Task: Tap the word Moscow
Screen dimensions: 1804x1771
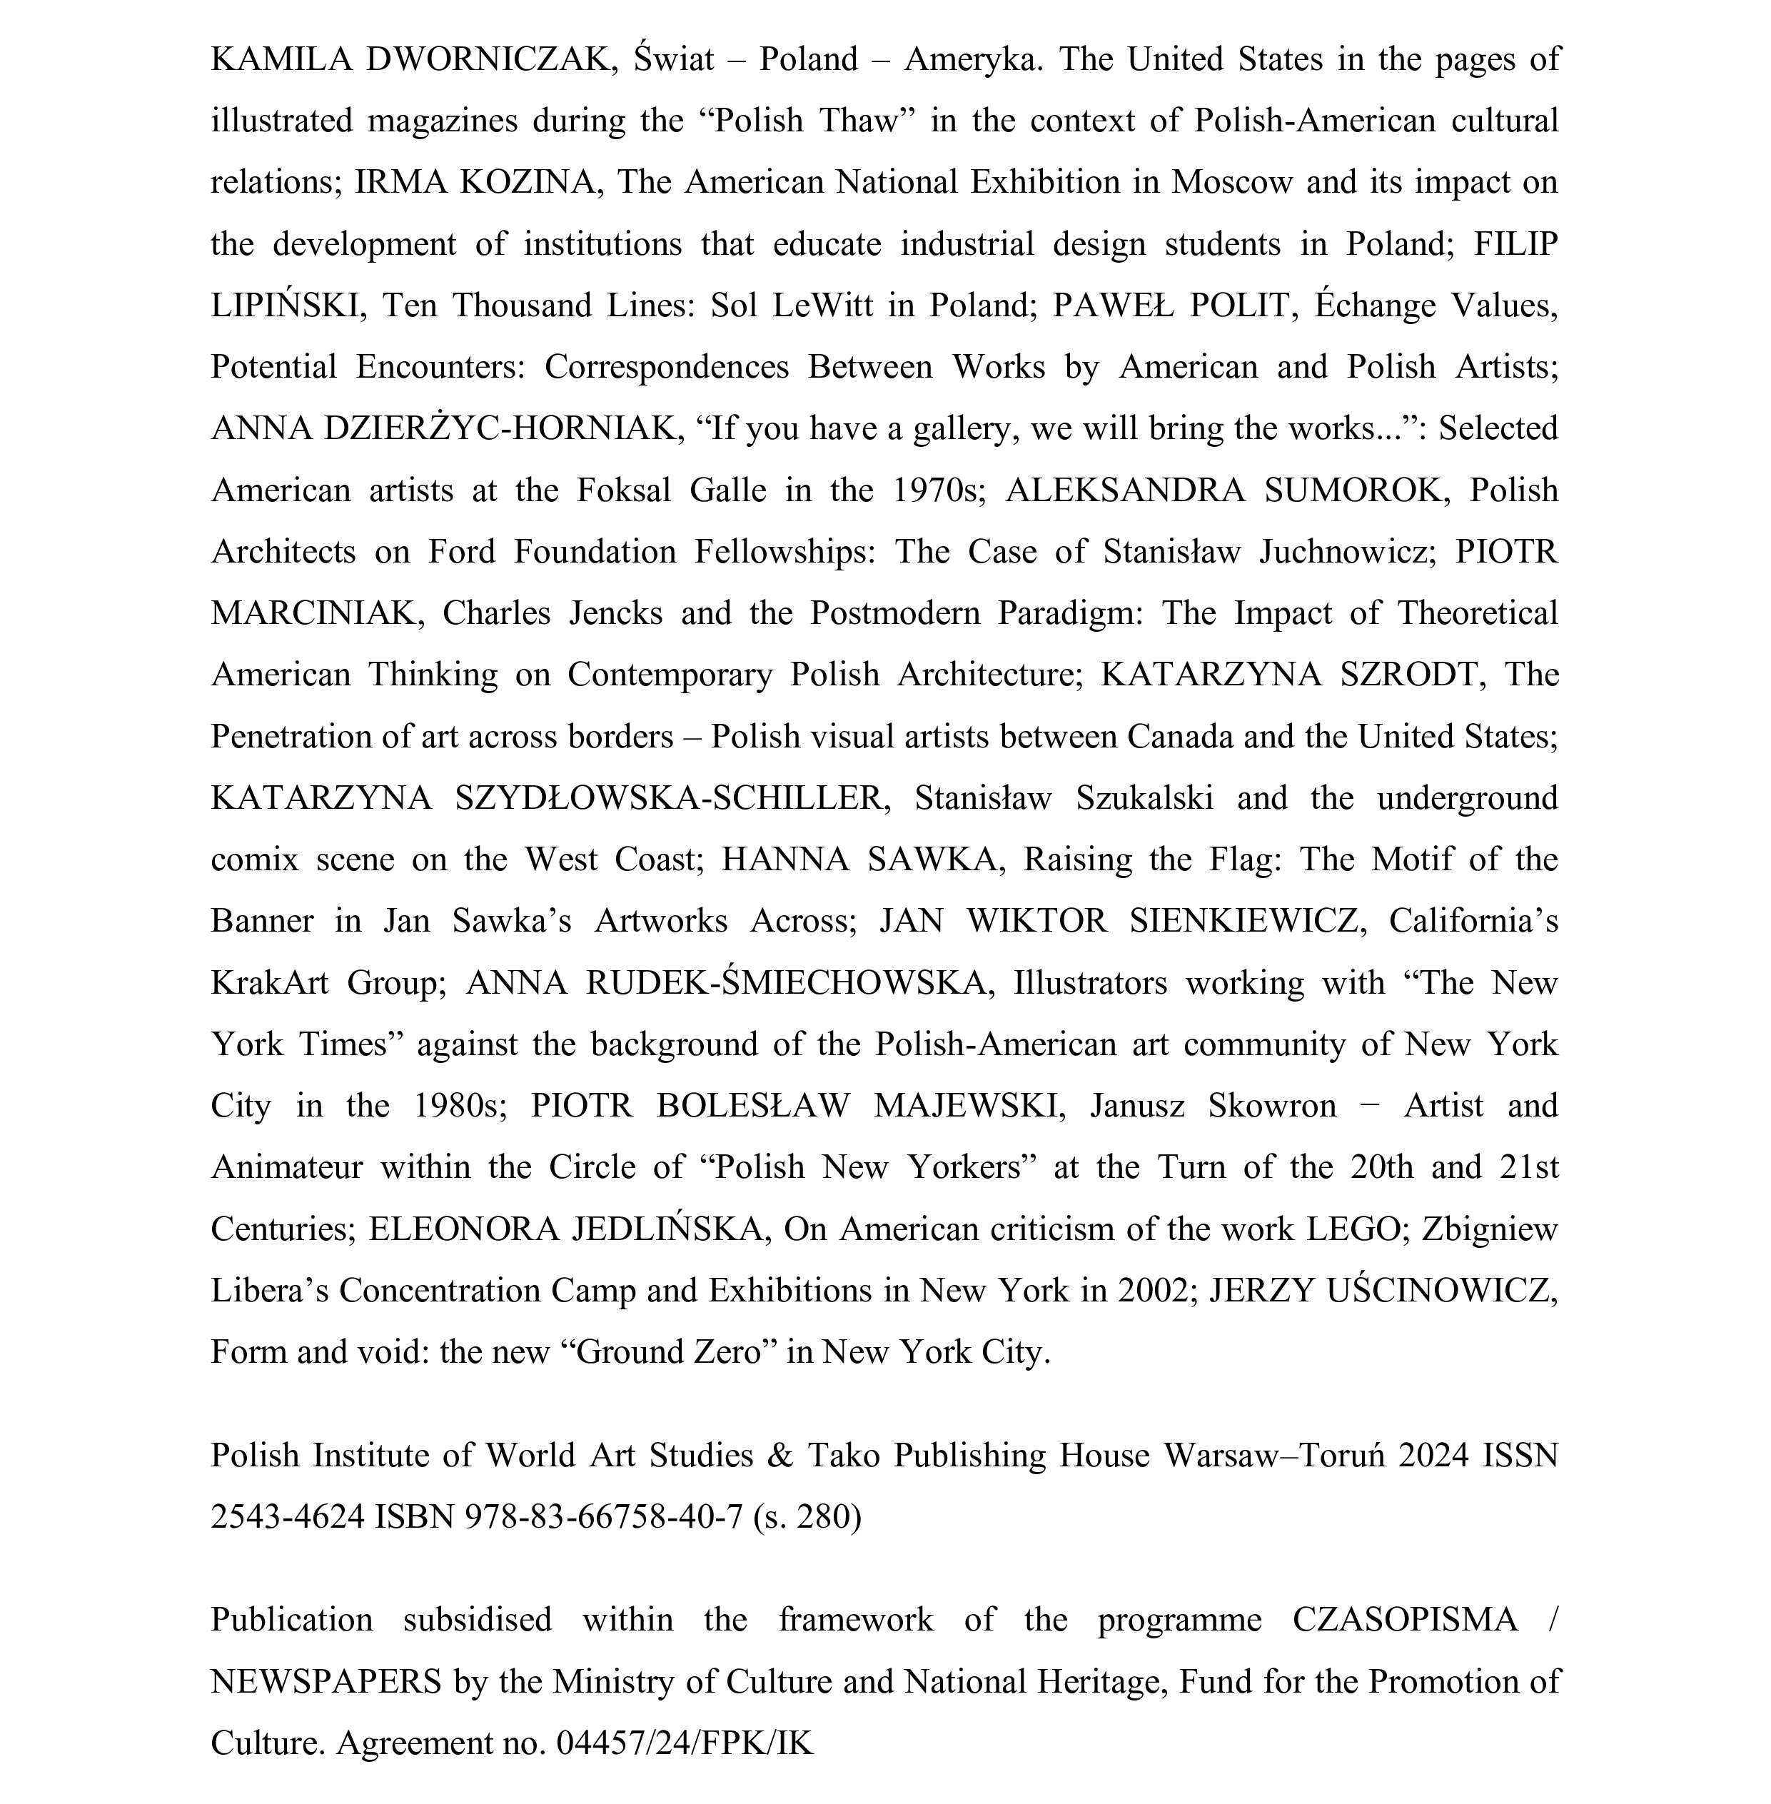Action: pos(1231,182)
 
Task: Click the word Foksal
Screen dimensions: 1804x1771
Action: pos(623,490)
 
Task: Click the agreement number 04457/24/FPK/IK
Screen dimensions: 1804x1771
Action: pos(685,1743)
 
